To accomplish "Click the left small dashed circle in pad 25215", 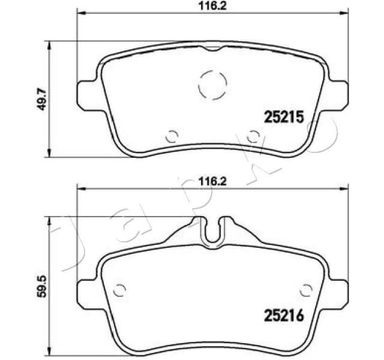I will click(x=172, y=136).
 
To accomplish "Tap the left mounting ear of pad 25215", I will click(x=87, y=95).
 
